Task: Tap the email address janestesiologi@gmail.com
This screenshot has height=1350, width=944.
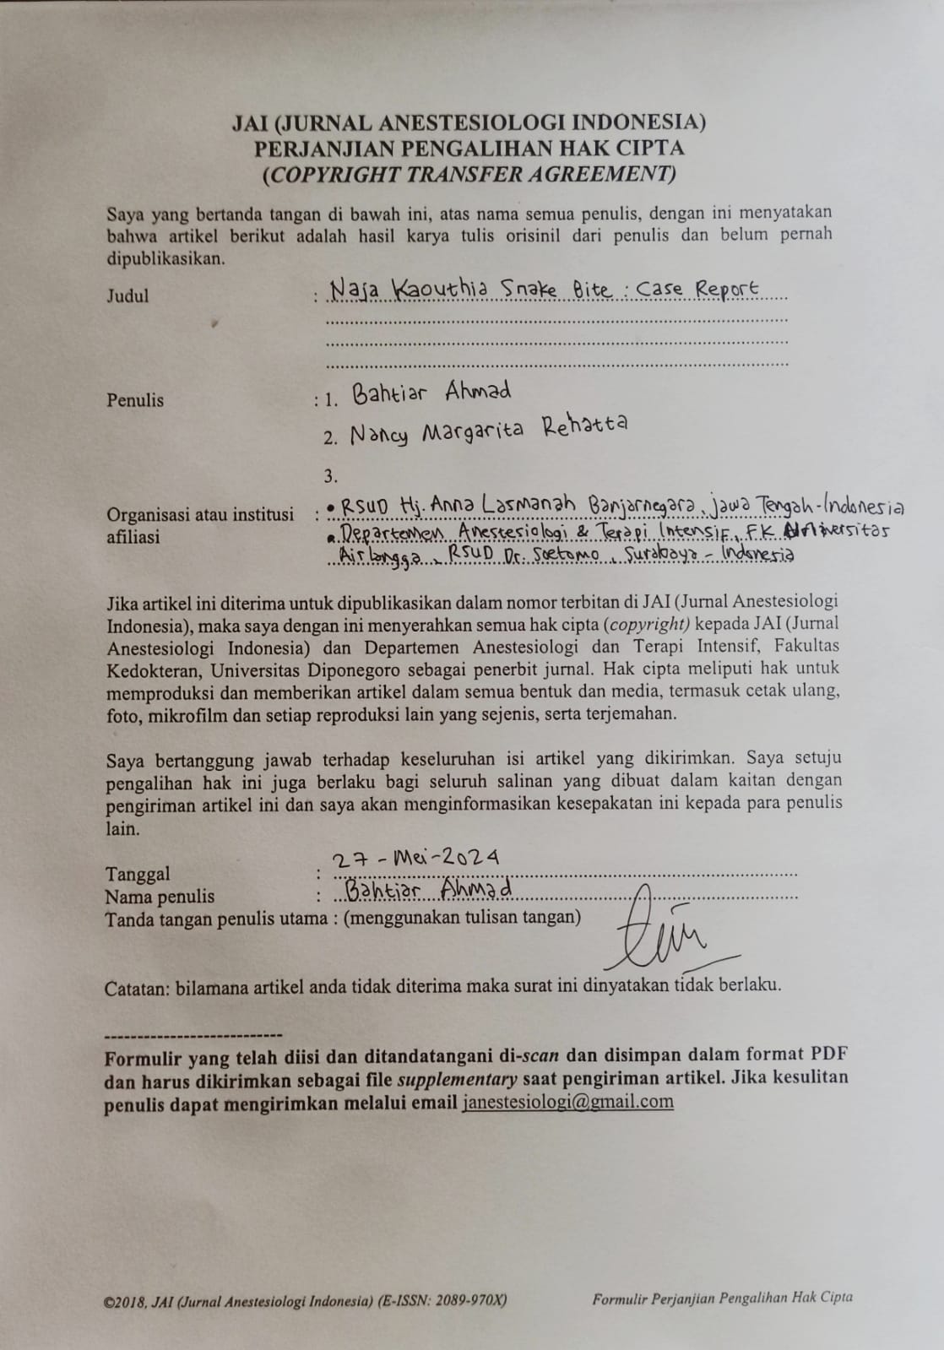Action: tap(567, 1101)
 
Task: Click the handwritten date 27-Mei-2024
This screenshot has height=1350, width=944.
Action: tap(415, 858)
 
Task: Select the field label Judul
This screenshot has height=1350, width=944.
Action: tap(127, 295)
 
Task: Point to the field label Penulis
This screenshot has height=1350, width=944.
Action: tap(135, 400)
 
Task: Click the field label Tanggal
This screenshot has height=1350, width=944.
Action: tap(138, 874)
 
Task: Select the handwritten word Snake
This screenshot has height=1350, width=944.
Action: tap(529, 290)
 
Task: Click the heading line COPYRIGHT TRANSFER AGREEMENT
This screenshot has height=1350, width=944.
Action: tap(469, 175)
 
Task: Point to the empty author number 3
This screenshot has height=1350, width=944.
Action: tap(330, 475)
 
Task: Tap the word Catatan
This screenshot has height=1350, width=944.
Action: tap(137, 988)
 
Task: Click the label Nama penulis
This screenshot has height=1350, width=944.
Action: tap(160, 897)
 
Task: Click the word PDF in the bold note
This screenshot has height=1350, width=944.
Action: tap(829, 1054)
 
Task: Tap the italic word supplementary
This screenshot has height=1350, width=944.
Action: tap(457, 1078)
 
